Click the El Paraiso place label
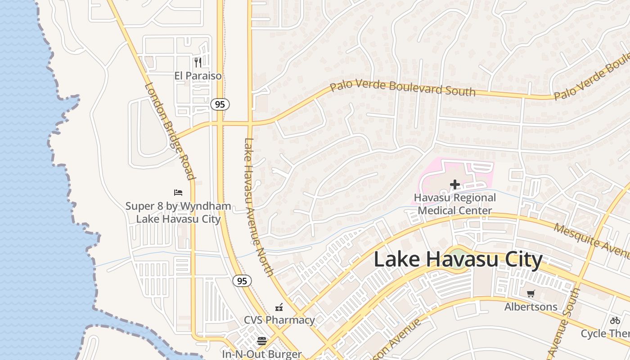pyautogui.click(x=198, y=76)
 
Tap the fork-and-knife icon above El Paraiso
pyautogui.click(x=198, y=62)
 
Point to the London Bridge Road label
pyautogui.click(x=170, y=130)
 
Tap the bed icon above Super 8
pyautogui.click(x=178, y=193)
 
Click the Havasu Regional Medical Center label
pyautogui.click(x=455, y=204)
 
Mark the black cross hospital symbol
pyautogui.click(x=454, y=184)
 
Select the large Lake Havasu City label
pyautogui.click(x=458, y=260)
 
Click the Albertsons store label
pyautogui.click(x=531, y=307)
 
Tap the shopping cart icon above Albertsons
pyautogui.click(x=531, y=294)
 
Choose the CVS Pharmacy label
pyautogui.click(x=279, y=320)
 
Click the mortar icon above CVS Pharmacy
pyautogui.click(x=279, y=307)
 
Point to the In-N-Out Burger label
pyautogui.click(x=261, y=354)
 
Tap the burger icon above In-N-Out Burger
pyautogui.click(x=261, y=341)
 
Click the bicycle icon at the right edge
pyautogui.click(x=615, y=320)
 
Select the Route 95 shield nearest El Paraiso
pyautogui.click(x=220, y=104)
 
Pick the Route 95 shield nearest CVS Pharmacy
pyautogui.click(x=242, y=281)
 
